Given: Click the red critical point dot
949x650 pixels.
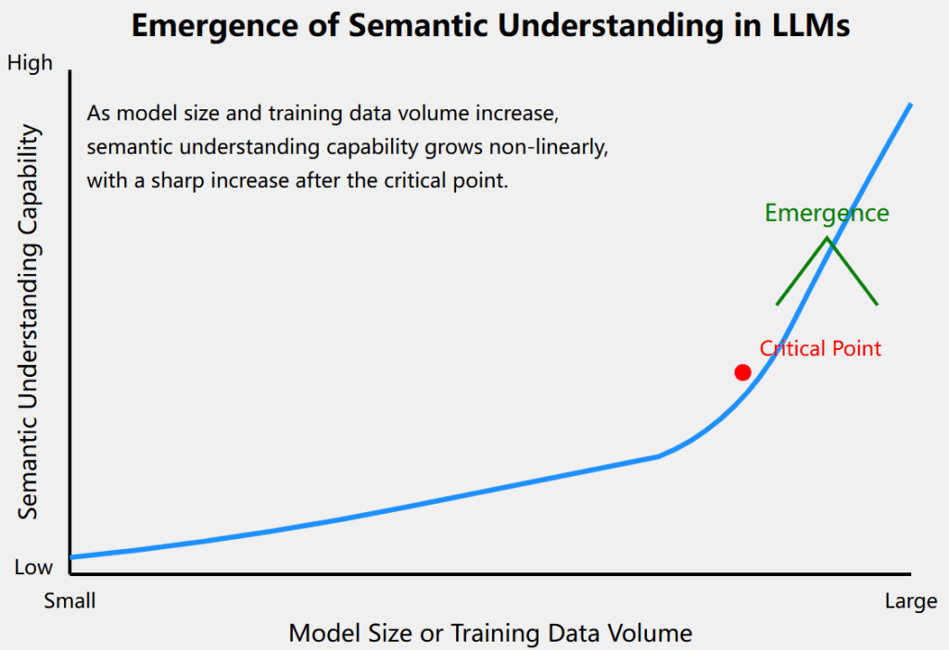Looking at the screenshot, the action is [742, 372].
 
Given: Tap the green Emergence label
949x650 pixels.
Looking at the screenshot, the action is [827, 213].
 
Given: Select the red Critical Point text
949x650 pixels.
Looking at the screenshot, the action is [820, 348].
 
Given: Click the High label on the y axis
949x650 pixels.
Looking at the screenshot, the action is [31, 63].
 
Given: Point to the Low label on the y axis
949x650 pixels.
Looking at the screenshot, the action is [34, 568].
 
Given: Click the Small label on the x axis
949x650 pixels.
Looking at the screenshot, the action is [70, 601].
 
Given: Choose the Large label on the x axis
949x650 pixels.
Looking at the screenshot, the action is [911, 601].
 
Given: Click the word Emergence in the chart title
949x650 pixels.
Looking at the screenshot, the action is [215, 27].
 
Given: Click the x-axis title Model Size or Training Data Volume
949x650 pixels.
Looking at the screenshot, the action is [490, 633].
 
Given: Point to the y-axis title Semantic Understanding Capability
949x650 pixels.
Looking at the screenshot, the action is [29, 321].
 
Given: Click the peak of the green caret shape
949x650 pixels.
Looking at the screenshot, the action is [828, 238].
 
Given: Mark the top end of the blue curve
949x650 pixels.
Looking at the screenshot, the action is [910, 105].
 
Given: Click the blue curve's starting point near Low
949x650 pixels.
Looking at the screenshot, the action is [72, 556].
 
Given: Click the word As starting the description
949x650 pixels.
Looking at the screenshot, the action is [98, 114].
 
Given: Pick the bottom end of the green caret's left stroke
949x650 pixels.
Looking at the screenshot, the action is [778, 304].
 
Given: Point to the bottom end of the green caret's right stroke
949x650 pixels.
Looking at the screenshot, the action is [877, 304].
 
